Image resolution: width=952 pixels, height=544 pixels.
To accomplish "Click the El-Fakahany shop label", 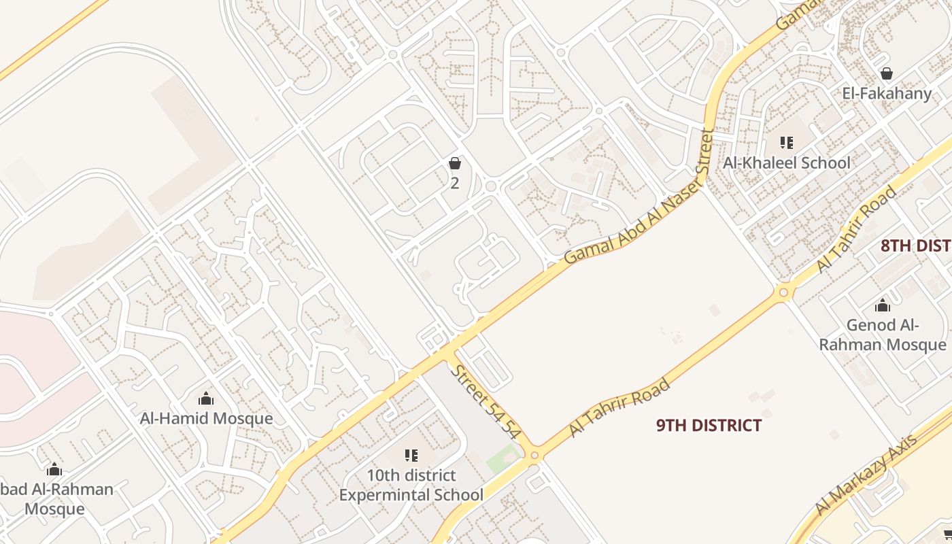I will click(x=886, y=93).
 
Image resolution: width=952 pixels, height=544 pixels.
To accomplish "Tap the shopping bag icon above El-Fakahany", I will click(x=886, y=73).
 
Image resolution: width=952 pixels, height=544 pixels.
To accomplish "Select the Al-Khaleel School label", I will click(x=786, y=163).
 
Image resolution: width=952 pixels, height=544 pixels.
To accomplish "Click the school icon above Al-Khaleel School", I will click(x=786, y=142).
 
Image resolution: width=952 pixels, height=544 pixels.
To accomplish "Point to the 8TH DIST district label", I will click(x=915, y=245).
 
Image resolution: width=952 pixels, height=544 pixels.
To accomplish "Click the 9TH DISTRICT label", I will click(x=709, y=426).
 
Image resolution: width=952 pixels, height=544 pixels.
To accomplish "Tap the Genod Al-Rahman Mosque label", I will click(x=882, y=335).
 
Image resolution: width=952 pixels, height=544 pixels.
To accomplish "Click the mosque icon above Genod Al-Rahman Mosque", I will click(x=882, y=305).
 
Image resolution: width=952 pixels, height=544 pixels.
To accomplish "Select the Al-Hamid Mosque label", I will click(x=206, y=418).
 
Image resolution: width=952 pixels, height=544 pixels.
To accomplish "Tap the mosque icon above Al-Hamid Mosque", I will click(x=205, y=398).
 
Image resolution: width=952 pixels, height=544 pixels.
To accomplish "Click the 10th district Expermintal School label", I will click(x=411, y=485).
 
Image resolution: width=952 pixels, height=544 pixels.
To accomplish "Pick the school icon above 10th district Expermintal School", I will click(x=411, y=455).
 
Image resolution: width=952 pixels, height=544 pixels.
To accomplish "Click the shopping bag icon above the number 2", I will click(x=455, y=163).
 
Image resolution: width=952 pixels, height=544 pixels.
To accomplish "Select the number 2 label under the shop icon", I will click(x=455, y=183).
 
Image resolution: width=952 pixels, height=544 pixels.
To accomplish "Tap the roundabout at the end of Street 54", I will click(x=534, y=454).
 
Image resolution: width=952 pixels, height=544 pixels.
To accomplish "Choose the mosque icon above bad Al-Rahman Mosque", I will click(x=54, y=469).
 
